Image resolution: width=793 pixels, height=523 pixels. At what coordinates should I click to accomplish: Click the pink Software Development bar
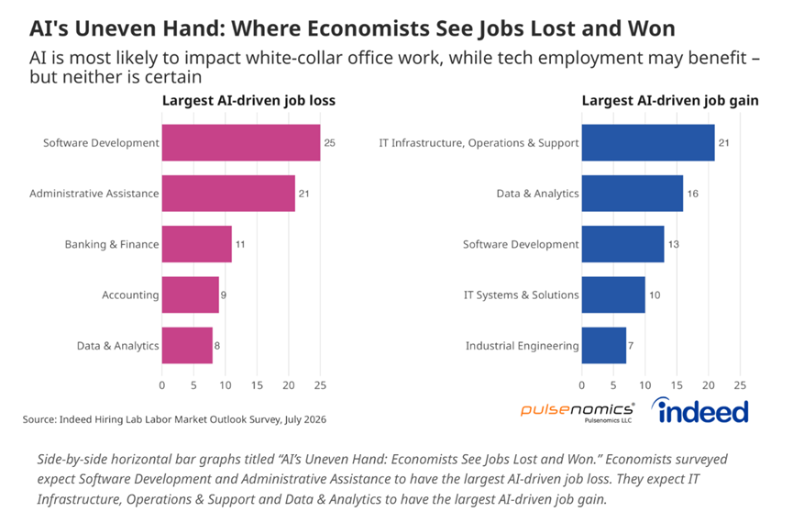click(x=241, y=143)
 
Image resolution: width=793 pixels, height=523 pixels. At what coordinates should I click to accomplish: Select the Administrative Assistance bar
click(x=228, y=194)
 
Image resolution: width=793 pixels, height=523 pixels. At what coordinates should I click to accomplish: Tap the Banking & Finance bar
click(x=197, y=244)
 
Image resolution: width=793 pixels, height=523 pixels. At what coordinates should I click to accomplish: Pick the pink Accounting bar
click(x=190, y=295)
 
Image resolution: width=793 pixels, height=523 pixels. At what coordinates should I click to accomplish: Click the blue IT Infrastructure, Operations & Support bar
click(x=648, y=143)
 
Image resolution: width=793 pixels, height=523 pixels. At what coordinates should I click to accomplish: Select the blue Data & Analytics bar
click(x=633, y=194)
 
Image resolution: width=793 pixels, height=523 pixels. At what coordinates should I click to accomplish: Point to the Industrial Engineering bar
click(x=604, y=345)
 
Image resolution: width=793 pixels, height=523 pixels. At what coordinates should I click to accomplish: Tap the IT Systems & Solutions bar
click(x=613, y=295)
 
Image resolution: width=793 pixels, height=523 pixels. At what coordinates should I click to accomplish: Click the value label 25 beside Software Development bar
click(x=330, y=143)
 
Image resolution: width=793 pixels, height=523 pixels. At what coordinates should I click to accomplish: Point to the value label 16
click(x=693, y=194)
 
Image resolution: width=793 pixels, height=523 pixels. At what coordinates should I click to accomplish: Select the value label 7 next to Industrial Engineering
click(x=631, y=346)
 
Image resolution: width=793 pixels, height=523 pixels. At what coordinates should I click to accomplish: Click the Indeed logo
click(x=699, y=411)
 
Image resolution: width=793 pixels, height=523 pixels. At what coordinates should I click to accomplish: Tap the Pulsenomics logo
click(x=577, y=412)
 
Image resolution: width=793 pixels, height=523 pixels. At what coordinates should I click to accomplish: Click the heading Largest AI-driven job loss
click(x=248, y=101)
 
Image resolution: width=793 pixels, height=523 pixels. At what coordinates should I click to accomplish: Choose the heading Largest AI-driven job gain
click(x=670, y=101)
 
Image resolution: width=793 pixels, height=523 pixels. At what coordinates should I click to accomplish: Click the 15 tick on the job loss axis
click(x=257, y=385)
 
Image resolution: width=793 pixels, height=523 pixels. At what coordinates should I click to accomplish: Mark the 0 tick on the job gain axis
click(x=581, y=385)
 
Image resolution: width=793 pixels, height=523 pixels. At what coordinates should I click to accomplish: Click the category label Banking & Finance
click(x=112, y=244)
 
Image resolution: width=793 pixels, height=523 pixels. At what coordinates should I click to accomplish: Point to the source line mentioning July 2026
click(x=174, y=419)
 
